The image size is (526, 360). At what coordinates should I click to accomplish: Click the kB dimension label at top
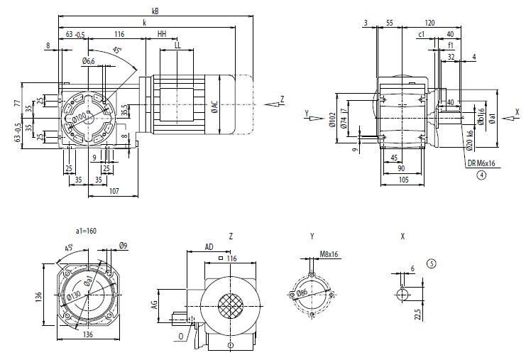[155, 11]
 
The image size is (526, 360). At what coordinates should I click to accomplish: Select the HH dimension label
[162, 34]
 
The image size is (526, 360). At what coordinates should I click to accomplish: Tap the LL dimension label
[177, 45]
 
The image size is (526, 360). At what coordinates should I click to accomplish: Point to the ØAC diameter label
[214, 107]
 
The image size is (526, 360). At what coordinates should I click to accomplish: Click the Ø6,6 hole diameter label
[89, 61]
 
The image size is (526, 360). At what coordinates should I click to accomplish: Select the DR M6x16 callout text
[481, 163]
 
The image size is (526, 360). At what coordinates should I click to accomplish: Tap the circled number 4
[481, 174]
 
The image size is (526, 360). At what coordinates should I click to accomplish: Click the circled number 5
[432, 263]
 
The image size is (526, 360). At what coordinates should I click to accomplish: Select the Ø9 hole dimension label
[123, 246]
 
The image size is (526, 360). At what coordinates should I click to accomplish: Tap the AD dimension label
[209, 246]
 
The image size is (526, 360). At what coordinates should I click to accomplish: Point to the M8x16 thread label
[328, 253]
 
